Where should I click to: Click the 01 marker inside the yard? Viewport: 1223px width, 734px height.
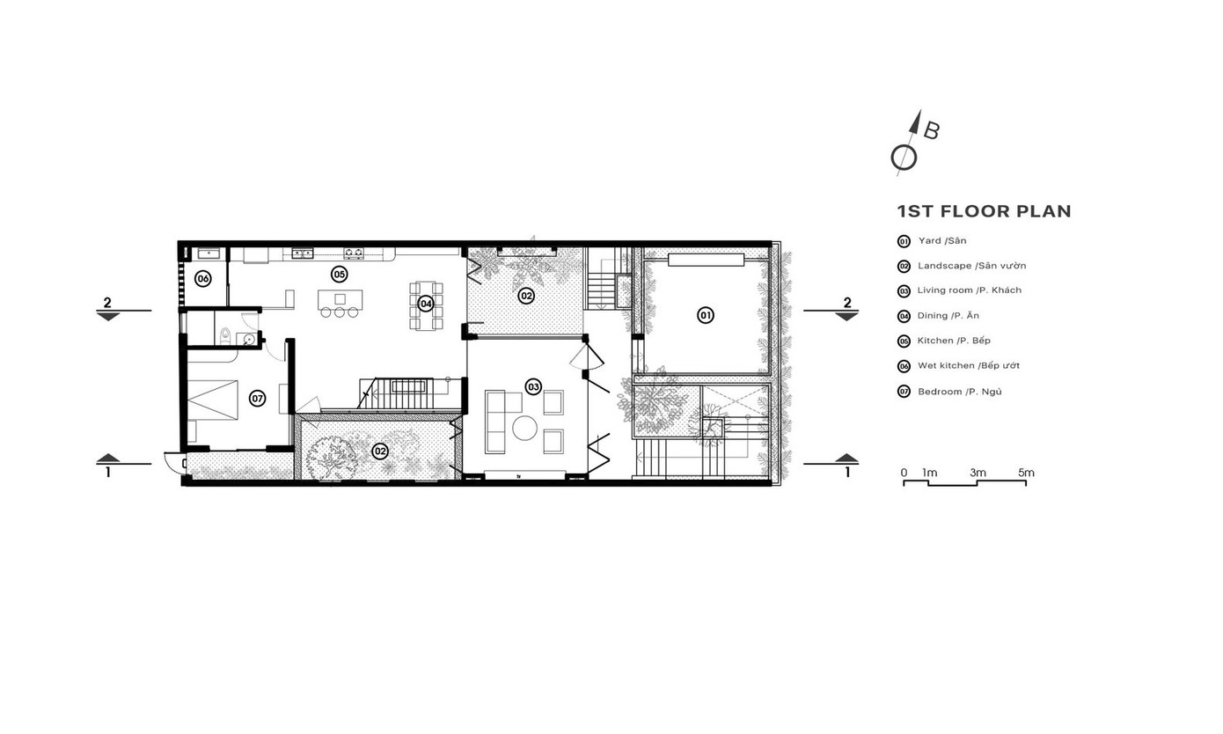click(x=706, y=315)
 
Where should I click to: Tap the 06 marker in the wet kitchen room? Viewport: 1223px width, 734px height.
click(x=203, y=279)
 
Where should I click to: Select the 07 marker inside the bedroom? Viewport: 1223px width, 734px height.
click(x=257, y=398)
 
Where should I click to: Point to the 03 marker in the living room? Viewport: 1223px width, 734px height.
click(x=533, y=387)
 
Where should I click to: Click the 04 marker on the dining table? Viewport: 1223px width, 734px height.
click(x=426, y=304)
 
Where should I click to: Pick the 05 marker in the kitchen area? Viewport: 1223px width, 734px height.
click(x=339, y=274)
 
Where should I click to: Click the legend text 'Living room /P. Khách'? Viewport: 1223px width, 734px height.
click(x=969, y=290)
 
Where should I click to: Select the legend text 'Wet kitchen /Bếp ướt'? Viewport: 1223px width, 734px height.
click(x=969, y=365)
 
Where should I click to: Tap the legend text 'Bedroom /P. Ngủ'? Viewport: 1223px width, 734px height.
click(x=960, y=392)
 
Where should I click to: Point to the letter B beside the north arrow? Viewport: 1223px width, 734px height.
click(x=932, y=131)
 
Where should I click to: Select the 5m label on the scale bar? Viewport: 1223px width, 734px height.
click(x=1026, y=473)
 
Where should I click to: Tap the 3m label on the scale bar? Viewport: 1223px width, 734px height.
click(x=978, y=473)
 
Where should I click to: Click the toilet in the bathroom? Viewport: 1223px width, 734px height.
click(x=225, y=336)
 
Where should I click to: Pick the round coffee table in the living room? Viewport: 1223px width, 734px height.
click(x=524, y=428)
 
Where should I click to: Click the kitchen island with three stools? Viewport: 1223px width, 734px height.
click(x=341, y=303)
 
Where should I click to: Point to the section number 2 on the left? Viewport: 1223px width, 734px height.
click(x=107, y=303)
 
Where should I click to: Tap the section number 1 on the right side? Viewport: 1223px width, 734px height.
click(x=847, y=473)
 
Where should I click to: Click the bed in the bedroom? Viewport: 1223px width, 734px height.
click(x=213, y=400)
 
